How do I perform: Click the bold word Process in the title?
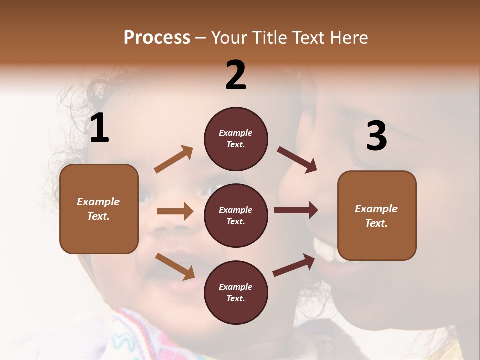(157, 37)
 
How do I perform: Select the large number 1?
(99, 128)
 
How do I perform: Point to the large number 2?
(236, 75)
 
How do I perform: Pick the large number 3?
(376, 136)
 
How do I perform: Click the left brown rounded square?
(99, 209)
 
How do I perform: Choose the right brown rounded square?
(377, 215)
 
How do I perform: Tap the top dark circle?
(236, 139)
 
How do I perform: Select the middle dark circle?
(236, 215)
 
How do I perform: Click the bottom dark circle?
(236, 292)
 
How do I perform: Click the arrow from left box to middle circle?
(175, 211)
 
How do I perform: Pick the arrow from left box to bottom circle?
(175, 266)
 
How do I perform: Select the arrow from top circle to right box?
(297, 160)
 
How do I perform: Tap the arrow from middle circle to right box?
(296, 210)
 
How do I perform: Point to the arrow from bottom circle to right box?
(294, 265)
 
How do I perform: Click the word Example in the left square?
(98, 202)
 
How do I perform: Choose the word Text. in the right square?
(376, 223)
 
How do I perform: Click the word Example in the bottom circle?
(235, 287)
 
